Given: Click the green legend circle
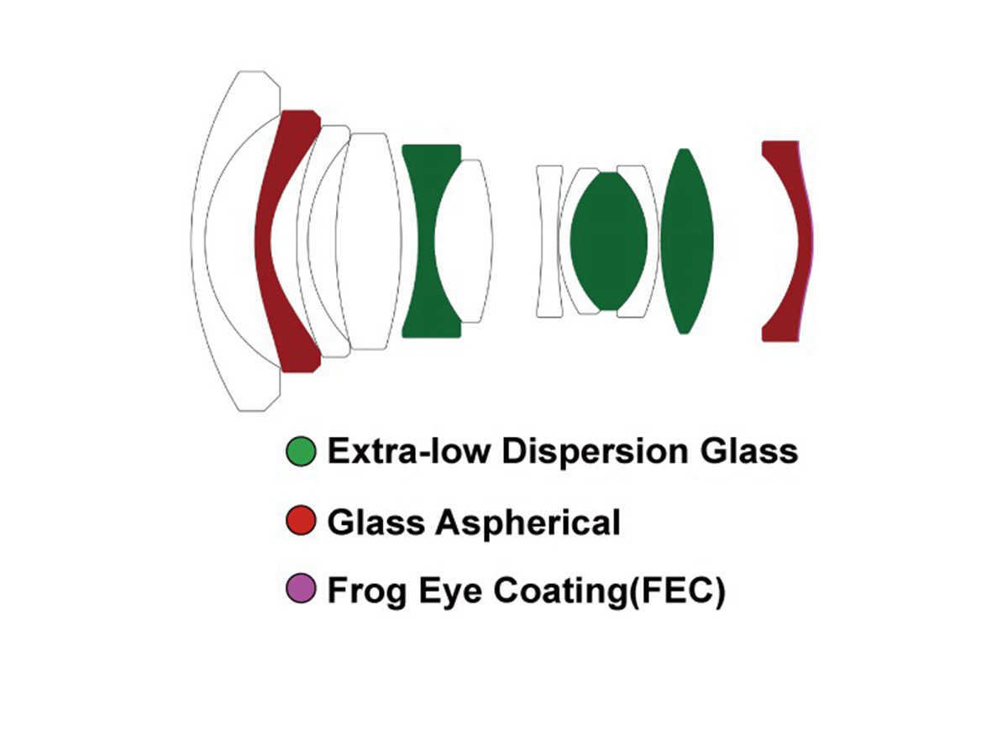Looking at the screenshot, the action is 301,451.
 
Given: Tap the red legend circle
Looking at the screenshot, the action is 301,520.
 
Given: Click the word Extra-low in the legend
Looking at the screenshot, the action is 408,451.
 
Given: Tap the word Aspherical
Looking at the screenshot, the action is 528,523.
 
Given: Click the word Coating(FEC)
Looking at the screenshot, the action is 610,591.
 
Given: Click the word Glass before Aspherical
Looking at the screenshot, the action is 376,522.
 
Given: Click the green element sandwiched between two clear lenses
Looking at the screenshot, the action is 608,241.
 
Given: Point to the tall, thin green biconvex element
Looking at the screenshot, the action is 686,241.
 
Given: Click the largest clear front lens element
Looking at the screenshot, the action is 198,241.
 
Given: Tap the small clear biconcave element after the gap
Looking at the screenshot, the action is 549,241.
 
